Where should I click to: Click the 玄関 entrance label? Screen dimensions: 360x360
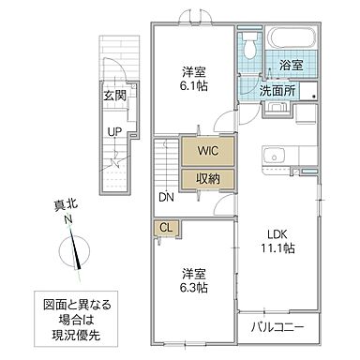coord(114,94)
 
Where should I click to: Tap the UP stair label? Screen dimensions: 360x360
coord(114,131)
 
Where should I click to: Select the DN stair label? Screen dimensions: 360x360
coord(165,197)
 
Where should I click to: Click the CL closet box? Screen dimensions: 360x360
coord(165,226)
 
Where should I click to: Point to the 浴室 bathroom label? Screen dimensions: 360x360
coord(291,66)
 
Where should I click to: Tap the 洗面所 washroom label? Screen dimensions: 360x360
coord(278,92)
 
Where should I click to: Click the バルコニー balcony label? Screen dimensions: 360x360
coord(282,327)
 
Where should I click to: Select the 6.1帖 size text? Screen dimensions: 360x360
coord(195,83)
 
